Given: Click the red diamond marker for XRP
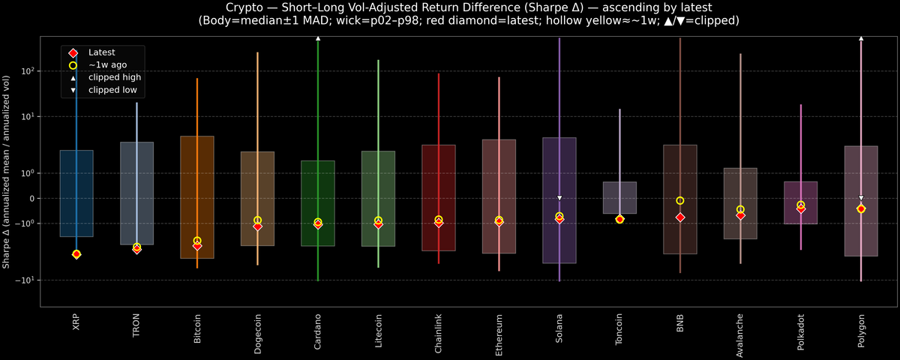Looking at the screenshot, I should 76,254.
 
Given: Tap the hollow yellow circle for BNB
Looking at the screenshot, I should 680,200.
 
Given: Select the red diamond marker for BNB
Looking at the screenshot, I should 680,217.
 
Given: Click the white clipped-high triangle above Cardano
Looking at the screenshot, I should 318,37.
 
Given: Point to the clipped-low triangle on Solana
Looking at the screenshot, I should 559,198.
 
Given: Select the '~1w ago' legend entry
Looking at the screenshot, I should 104,65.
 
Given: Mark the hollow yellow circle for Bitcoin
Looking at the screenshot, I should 197,241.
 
